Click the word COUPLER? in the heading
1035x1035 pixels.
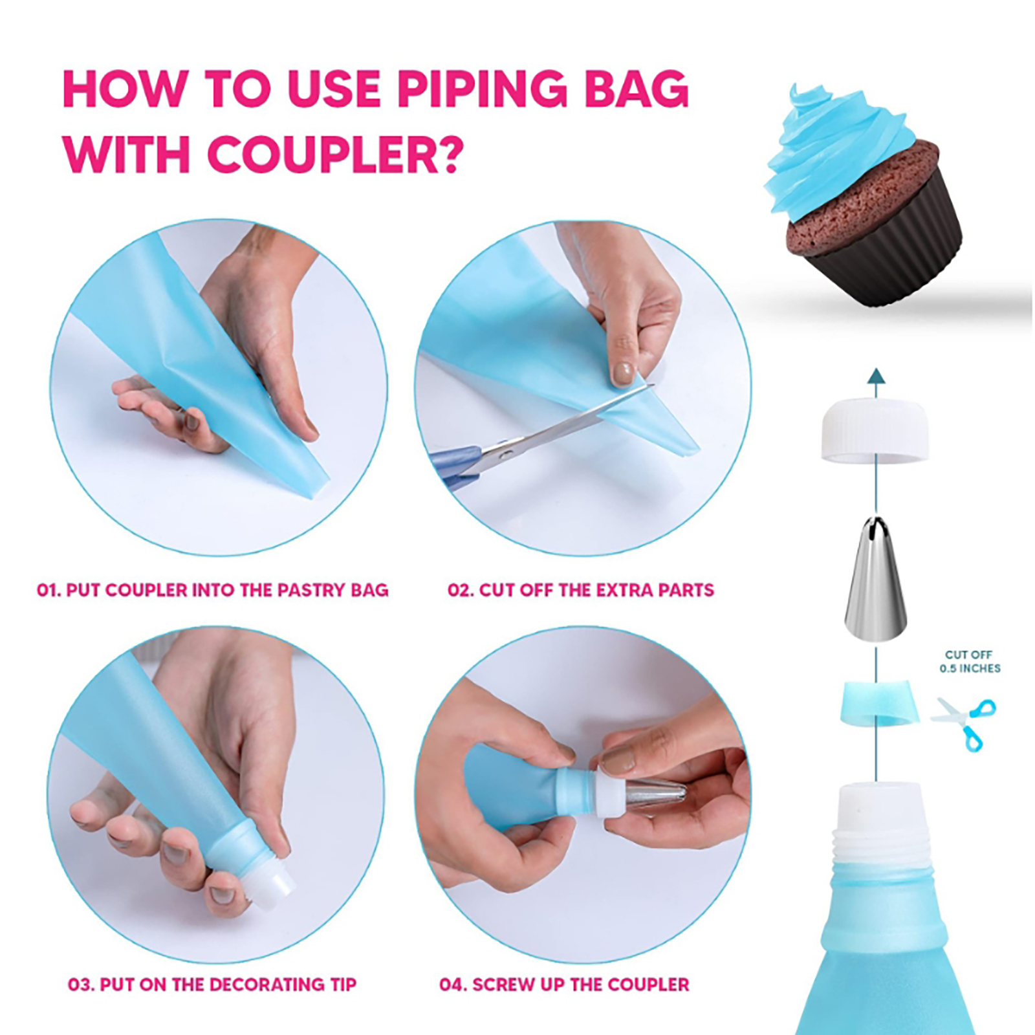[334, 155]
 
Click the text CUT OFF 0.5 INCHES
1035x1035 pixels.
[969, 661]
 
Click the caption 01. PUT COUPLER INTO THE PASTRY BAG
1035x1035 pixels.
[213, 590]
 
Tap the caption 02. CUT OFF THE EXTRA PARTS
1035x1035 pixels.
[581, 590]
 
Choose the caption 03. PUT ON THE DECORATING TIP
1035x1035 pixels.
[212, 984]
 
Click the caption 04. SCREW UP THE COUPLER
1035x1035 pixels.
[564, 984]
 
